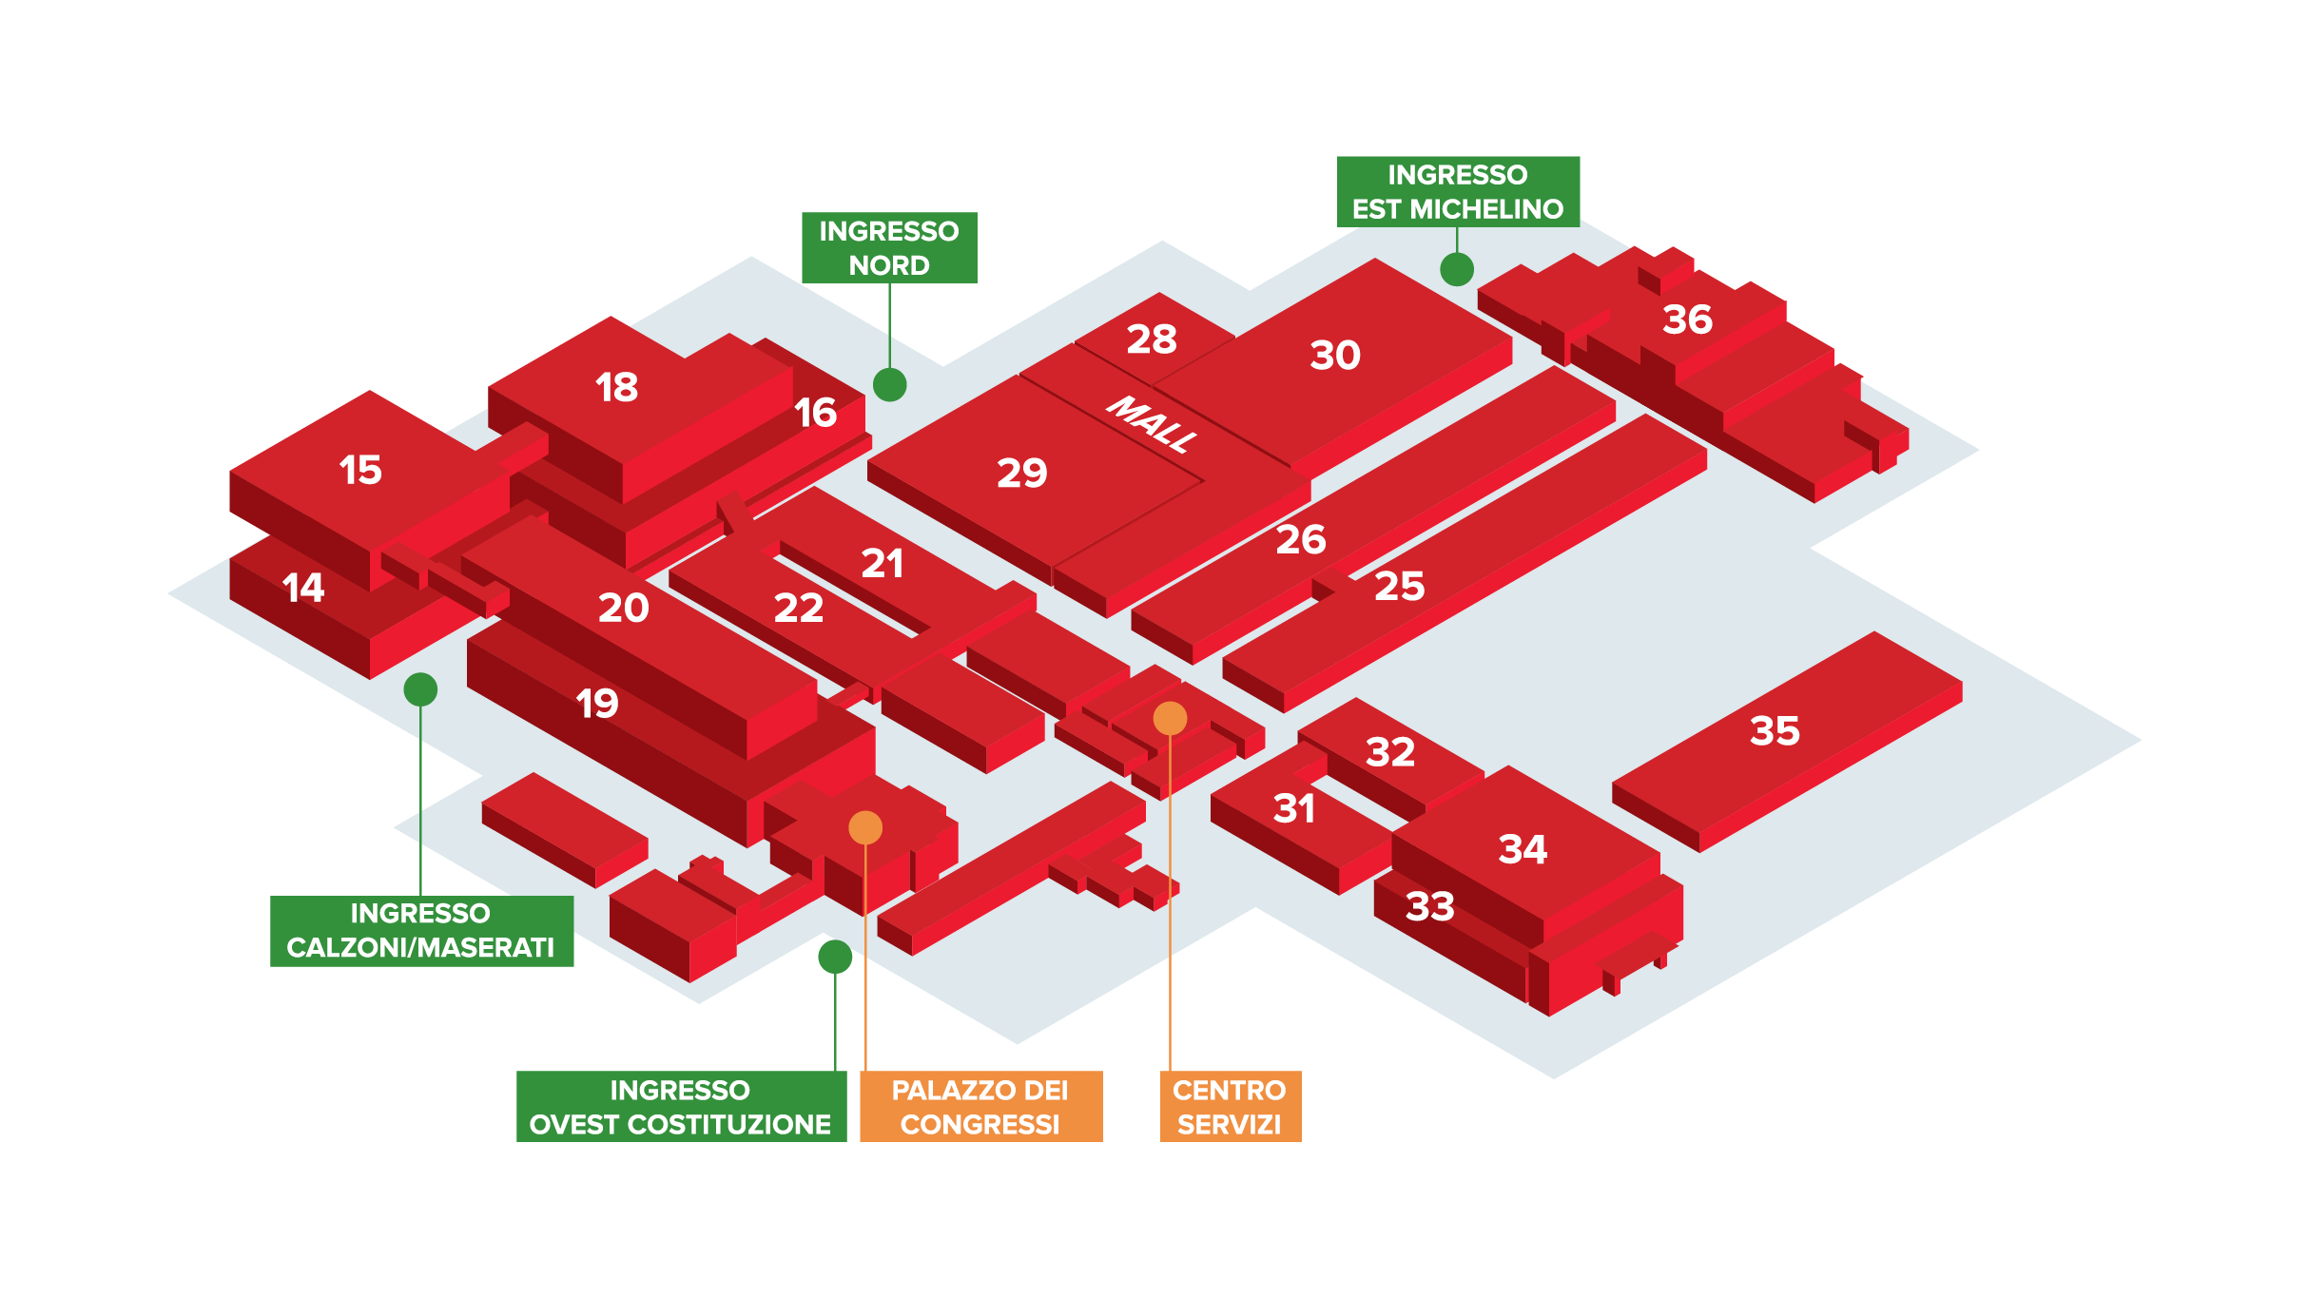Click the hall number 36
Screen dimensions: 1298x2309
[x=1687, y=320]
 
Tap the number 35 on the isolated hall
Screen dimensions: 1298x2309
[x=1775, y=731]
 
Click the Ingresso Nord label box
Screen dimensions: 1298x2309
[x=889, y=247]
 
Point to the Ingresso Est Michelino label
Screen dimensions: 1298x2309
[x=1458, y=191]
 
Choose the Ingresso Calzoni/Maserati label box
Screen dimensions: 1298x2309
[x=421, y=931]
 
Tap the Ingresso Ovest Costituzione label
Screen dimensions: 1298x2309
[x=681, y=1107]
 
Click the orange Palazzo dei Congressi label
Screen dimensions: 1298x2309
[x=980, y=1107]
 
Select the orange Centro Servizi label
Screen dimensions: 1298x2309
[x=1230, y=1107]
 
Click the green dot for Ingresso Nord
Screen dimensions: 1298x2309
[x=889, y=384]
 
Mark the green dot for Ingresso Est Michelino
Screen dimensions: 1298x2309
[x=1457, y=269]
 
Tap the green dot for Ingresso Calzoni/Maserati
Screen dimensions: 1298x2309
[x=420, y=689]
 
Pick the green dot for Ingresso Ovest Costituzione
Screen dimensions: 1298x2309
[x=835, y=957]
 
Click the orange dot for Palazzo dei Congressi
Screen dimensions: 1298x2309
[x=865, y=827]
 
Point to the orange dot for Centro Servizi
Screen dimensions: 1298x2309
[x=1170, y=718]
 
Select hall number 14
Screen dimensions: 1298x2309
[x=303, y=589]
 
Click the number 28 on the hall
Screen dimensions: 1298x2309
[x=1152, y=339]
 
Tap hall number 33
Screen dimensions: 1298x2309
[x=1430, y=907]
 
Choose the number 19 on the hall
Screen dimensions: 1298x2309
[x=597, y=705]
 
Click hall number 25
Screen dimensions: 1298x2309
[x=1399, y=587]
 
